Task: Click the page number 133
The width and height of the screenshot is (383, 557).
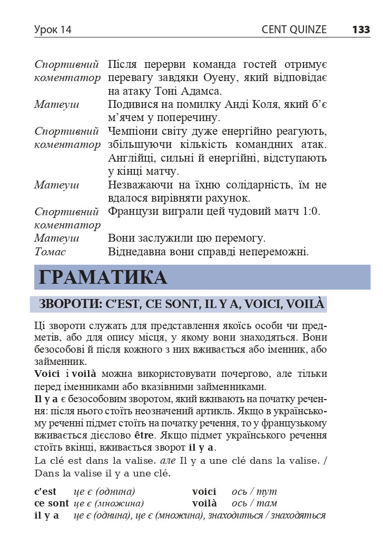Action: tap(361, 30)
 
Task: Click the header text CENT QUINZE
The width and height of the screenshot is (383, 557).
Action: tap(294, 30)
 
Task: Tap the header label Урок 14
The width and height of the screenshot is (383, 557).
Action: tap(53, 30)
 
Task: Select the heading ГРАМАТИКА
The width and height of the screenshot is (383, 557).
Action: tap(103, 277)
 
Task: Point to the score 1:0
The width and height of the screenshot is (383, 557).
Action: tap(309, 212)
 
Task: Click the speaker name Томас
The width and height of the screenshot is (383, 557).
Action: tap(50, 252)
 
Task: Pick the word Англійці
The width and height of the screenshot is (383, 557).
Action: tap(129, 158)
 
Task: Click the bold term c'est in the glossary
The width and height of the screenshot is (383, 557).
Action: tap(45, 492)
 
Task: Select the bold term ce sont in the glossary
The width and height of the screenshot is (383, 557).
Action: tap(51, 503)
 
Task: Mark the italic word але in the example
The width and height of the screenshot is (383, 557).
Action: tap(167, 461)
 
